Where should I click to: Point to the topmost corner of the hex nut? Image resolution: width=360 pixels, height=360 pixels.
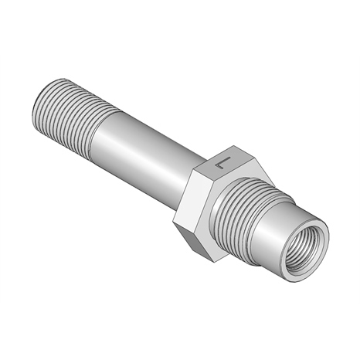234,145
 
